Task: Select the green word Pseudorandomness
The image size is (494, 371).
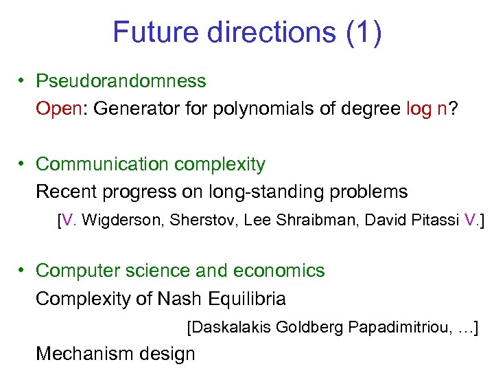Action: pos(121,81)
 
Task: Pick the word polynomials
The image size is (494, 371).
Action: pos(245,109)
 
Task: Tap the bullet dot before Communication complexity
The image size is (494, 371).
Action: pos(23,164)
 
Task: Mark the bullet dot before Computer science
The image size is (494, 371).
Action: pos(23,271)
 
